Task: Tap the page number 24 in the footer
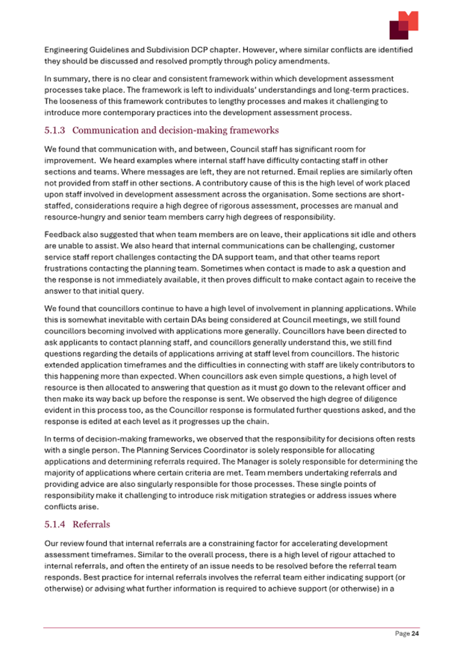coord(414,634)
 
